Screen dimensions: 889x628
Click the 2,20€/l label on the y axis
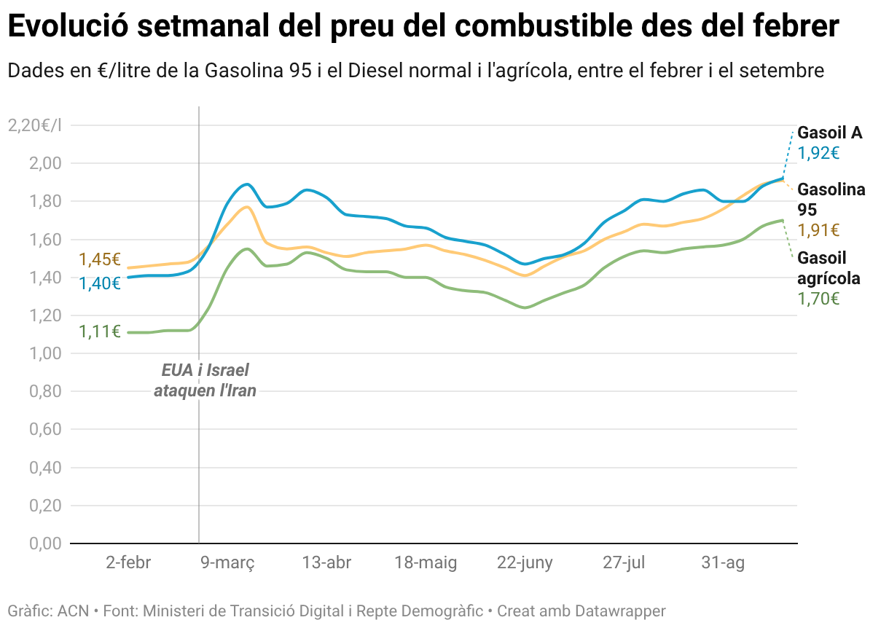[x=35, y=125]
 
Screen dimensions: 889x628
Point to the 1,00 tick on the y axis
[x=45, y=353]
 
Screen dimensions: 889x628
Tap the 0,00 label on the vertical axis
[x=45, y=543]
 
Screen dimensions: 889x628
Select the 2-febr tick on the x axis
[x=128, y=562]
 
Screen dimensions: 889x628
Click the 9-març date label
[x=227, y=563]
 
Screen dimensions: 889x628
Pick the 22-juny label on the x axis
[x=525, y=563]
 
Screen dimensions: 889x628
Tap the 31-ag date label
[x=723, y=563]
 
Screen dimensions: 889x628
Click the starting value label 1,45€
[x=100, y=259]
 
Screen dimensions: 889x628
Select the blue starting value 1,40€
[x=100, y=283]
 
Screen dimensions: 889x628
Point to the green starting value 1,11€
[x=100, y=331]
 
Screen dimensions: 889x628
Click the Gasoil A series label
[x=830, y=133]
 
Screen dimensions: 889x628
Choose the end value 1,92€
[x=819, y=153]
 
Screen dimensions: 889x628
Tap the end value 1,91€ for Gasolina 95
[x=819, y=230]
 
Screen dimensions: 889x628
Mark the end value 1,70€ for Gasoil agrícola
[x=819, y=299]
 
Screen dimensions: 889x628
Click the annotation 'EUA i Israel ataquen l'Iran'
[x=205, y=380]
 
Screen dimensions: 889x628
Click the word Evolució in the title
[x=68, y=25]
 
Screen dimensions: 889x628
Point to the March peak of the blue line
[x=247, y=184]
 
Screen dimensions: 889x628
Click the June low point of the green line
[x=525, y=307]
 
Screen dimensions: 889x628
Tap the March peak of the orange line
[x=246, y=207]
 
